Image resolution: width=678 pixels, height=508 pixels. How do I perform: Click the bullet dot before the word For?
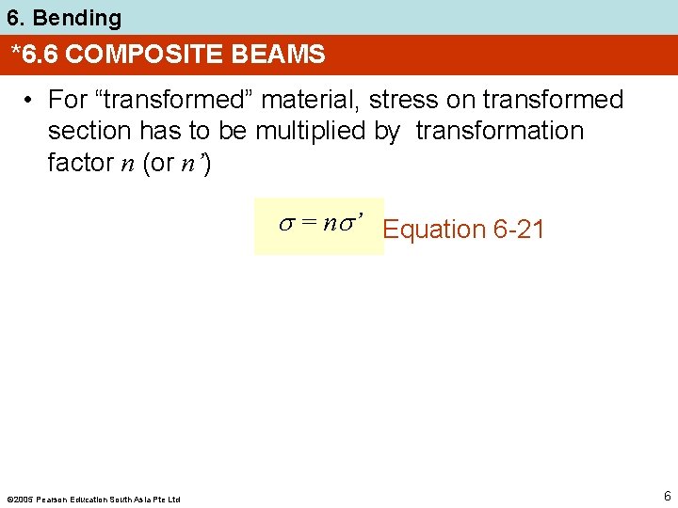(31, 100)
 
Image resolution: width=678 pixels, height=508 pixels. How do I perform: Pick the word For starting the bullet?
(68, 100)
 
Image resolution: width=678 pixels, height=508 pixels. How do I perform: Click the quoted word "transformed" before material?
(159, 100)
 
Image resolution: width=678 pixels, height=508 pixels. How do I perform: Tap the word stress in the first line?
(401, 100)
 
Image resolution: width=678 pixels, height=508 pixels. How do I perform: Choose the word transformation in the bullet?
(499, 131)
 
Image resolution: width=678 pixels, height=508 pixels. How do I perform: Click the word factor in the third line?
(80, 162)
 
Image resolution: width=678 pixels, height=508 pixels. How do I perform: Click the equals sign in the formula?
(307, 224)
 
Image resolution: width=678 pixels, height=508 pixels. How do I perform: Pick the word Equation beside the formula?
(433, 230)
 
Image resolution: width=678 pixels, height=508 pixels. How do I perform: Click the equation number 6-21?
(518, 230)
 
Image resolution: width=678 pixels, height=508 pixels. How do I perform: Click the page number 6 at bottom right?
(666, 496)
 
